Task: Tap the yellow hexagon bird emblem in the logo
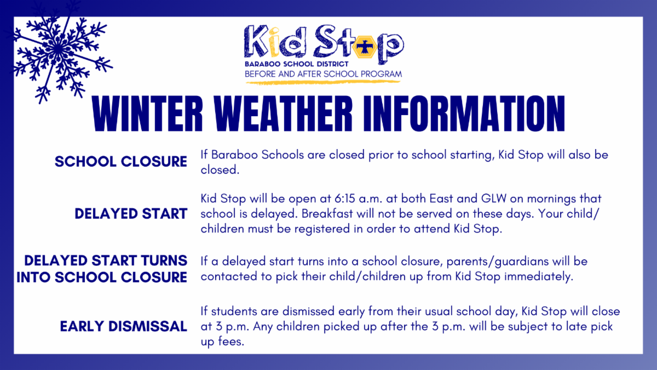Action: [365, 47]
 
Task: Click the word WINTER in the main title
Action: [147, 113]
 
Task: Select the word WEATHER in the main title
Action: [283, 113]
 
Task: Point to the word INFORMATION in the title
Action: [464, 113]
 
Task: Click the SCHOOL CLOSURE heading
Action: [121, 162]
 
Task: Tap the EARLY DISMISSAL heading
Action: [124, 326]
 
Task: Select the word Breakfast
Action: [327, 214]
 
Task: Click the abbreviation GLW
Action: [494, 199]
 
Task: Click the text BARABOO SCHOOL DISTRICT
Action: [297, 64]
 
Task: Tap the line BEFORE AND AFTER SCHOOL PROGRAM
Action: [323, 74]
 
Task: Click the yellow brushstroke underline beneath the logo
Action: [323, 83]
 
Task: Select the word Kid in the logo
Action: [274, 42]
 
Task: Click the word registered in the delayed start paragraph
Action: [322, 229]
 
